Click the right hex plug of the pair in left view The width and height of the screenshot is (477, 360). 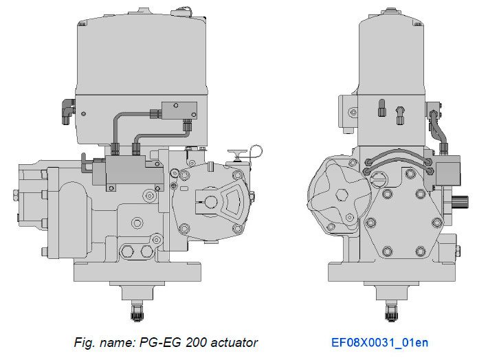pos(145,251)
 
